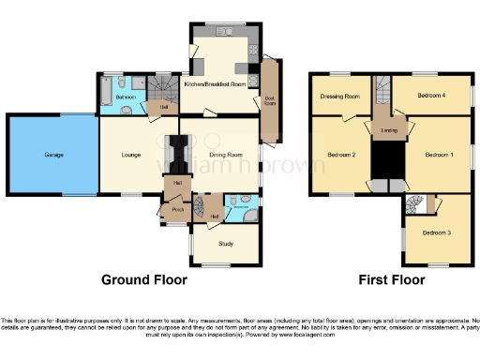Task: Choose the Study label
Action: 225,244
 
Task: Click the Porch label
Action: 177,210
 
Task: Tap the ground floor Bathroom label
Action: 126,97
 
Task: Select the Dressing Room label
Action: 339,97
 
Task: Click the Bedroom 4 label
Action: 432,97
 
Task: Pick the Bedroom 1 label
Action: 439,154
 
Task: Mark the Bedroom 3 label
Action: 435,232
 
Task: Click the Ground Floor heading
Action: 144,279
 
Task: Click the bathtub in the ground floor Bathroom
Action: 105,97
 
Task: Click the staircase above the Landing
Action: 382,92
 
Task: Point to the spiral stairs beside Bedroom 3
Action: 414,204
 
